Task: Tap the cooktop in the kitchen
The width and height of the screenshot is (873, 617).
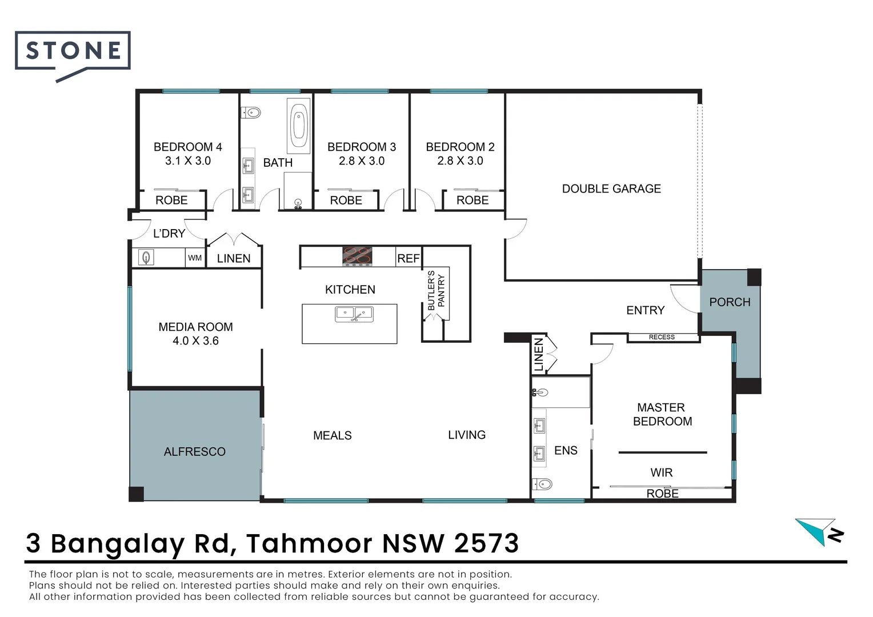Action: (357, 257)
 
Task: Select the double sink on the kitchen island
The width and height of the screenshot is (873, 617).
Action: (354, 314)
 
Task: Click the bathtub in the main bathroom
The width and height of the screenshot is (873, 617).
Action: (299, 126)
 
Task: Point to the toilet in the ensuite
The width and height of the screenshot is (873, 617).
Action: (543, 484)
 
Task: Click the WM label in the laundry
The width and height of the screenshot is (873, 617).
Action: (195, 258)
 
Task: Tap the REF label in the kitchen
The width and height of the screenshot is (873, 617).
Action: (409, 258)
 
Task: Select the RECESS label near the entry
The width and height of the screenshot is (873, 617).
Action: (662, 337)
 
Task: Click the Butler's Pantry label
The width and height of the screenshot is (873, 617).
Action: (436, 290)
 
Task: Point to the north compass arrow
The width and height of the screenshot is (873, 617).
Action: (819, 532)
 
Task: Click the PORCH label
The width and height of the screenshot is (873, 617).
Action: (730, 302)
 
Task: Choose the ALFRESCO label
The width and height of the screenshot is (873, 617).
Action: (194, 452)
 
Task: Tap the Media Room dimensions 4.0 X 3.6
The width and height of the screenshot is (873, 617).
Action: (195, 340)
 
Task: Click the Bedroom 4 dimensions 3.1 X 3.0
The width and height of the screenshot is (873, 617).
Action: (188, 161)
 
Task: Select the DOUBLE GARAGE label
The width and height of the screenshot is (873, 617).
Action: (611, 189)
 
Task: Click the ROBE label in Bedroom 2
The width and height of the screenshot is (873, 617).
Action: (472, 201)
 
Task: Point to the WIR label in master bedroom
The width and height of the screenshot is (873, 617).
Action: (662, 473)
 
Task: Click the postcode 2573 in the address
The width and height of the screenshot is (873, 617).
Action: (486, 543)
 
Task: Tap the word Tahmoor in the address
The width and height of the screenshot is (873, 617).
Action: (310, 543)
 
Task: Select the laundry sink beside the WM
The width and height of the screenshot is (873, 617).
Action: (146, 258)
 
